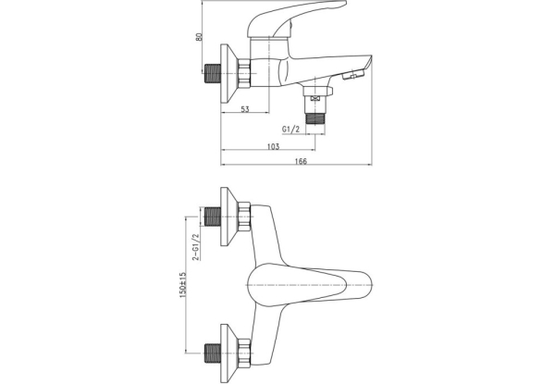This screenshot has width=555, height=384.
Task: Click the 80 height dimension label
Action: [200, 37]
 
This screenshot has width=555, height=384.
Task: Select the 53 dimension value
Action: [245, 109]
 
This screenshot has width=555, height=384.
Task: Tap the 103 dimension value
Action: [273, 146]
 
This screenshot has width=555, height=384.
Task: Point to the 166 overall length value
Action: [301, 161]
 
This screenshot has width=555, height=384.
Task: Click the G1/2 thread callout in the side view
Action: [290, 130]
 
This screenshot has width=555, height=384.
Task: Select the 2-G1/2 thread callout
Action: [195, 247]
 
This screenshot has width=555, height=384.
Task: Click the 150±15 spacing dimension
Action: [183, 285]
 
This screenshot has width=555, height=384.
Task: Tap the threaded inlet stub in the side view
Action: [213, 74]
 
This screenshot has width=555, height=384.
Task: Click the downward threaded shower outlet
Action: [315, 118]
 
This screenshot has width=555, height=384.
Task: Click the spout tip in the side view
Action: [368, 62]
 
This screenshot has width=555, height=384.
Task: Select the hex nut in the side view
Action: [244, 73]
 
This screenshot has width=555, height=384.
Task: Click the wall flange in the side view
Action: [228, 74]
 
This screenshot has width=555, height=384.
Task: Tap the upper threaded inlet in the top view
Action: [213, 217]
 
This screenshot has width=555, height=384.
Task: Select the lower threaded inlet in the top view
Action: [213, 353]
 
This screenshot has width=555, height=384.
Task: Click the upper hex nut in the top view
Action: [244, 217]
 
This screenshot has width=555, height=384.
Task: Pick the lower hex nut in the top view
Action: [244, 353]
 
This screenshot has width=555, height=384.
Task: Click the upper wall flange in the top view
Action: [228, 217]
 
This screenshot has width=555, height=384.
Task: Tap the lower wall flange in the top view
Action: [228, 353]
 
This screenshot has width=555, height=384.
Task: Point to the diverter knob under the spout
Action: [353, 75]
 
